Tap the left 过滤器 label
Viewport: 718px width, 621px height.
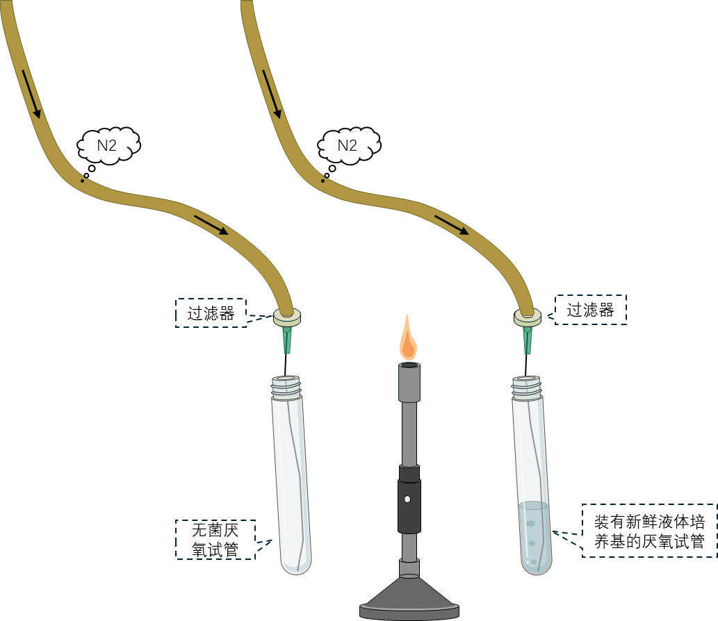211,313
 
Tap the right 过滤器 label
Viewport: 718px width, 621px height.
590,310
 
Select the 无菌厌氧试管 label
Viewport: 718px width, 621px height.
215,540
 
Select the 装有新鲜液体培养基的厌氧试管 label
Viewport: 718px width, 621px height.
649,531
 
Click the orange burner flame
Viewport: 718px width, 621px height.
409,338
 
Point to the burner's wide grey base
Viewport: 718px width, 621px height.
409,598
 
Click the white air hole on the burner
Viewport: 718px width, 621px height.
407,499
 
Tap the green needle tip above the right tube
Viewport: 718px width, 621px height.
528,340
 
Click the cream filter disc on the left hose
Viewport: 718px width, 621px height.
287,317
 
